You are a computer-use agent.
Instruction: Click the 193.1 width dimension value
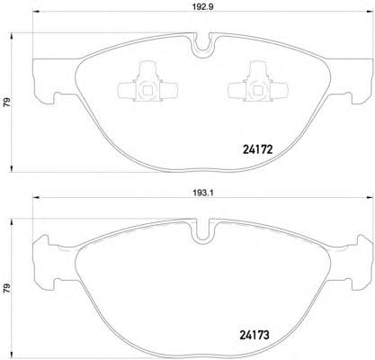204,193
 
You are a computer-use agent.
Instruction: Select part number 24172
258,148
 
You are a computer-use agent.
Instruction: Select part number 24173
254,335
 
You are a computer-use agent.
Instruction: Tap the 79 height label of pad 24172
6,103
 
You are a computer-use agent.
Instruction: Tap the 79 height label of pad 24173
6,288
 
